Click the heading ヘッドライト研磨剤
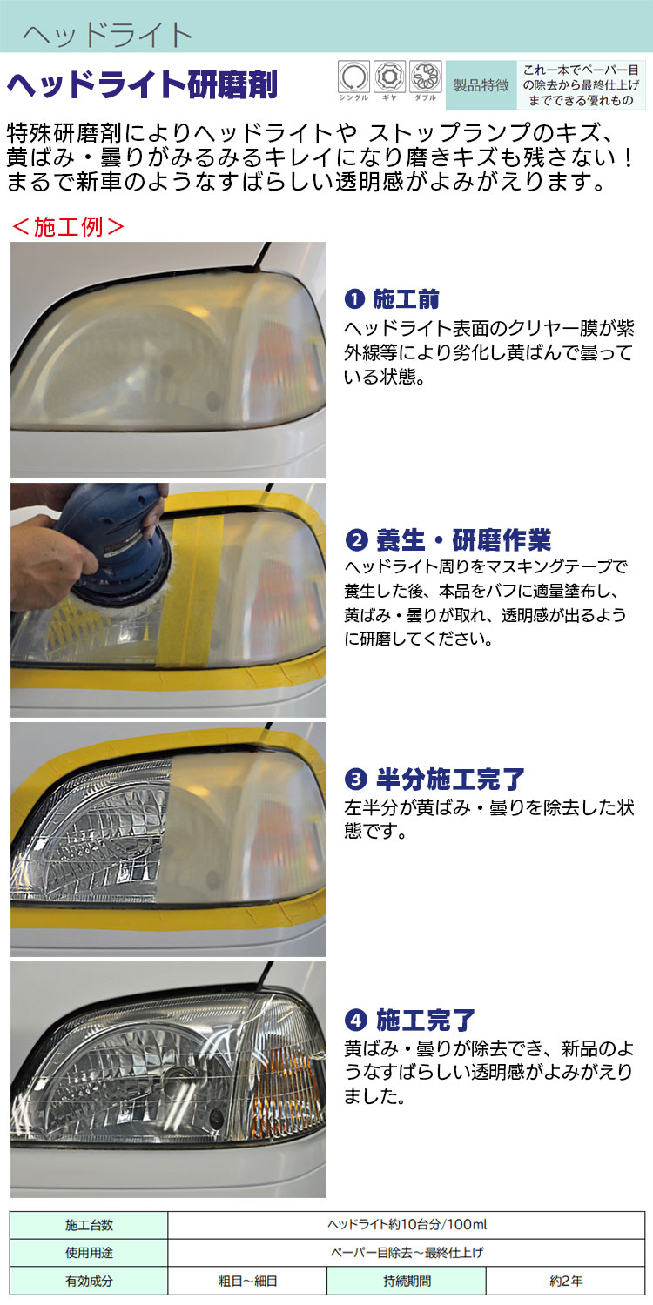tap(142, 85)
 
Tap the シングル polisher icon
tap(353, 77)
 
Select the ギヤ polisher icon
tap(389, 77)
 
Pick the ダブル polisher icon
tap(426, 77)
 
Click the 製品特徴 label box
tap(481, 85)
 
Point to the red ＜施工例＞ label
tap(68, 226)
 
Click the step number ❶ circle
tap(354, 299)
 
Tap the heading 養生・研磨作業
tap(463, 539)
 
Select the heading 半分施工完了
tap(450, 779)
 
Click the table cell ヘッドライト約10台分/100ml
tap(407, 1225)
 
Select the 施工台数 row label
tap(89, 1225)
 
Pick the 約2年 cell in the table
tap(566, 1281)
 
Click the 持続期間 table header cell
tap(407, 1281)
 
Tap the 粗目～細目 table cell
tap(247, 1281)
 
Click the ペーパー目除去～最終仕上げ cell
tap(407, 1253)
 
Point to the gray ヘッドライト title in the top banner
tap(108, 35)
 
